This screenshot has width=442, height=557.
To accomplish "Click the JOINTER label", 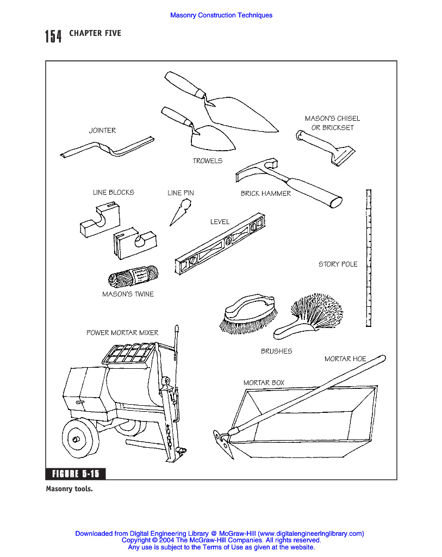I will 102,131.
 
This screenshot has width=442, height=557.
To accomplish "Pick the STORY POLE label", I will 338,264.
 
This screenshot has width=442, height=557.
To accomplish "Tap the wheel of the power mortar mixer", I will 80,438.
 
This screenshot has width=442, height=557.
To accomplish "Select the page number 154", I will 53,36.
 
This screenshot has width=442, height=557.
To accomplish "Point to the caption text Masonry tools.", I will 69,488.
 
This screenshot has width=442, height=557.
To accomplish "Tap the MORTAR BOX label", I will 264,383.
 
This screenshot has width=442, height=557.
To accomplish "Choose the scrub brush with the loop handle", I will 247,314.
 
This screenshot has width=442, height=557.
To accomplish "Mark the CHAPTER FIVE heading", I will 95,34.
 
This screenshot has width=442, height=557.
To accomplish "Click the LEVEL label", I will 220,222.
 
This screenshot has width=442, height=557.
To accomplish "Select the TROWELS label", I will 207,161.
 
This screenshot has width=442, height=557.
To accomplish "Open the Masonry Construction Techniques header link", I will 221,15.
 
